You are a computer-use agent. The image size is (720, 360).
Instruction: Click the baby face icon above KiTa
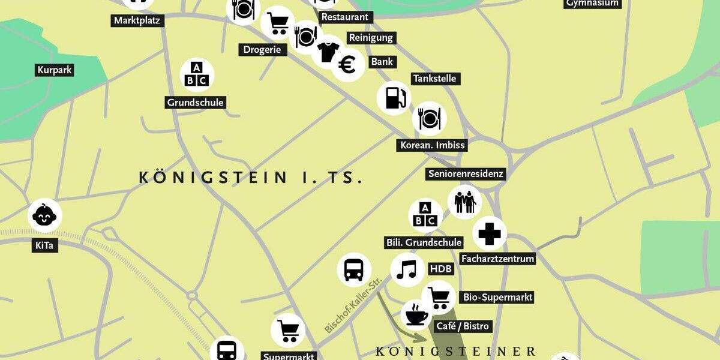click(x=45, y=215)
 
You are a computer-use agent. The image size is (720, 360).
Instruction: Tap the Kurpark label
click(x=55, y=70)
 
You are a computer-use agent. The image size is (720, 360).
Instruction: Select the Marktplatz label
click(x=139, y=21)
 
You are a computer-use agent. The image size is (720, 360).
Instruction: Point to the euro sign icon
click(x=347, y=65)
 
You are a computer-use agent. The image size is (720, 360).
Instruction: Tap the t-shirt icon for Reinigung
click(x=328, y=52)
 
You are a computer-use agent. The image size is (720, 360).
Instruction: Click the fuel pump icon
click(x=394, y=97)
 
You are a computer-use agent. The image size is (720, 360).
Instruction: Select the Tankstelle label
click(x=435, y=79)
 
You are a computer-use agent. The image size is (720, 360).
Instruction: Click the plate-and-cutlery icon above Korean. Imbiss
click(x=430, y=118)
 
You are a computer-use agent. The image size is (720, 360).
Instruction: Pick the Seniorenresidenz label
click(x=466, y=174)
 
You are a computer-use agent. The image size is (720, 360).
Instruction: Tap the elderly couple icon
click(x=465, y=202)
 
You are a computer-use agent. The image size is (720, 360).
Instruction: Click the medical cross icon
click(x=490, y=233)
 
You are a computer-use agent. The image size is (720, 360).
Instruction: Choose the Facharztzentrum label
click(x=497, y=259)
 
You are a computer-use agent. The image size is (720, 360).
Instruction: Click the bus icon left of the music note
click(x=353, y=269)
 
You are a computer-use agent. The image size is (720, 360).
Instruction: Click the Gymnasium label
click(x=592, y=3)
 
